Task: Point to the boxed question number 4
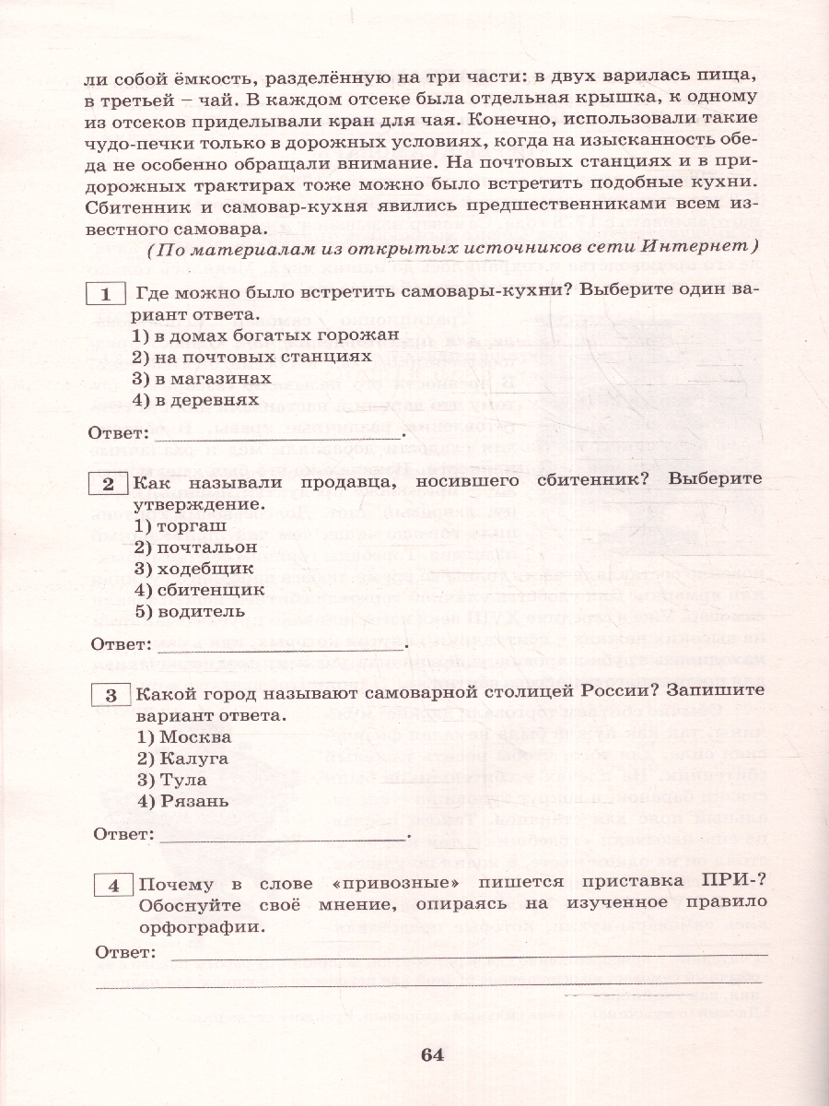tap(115, 886)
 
